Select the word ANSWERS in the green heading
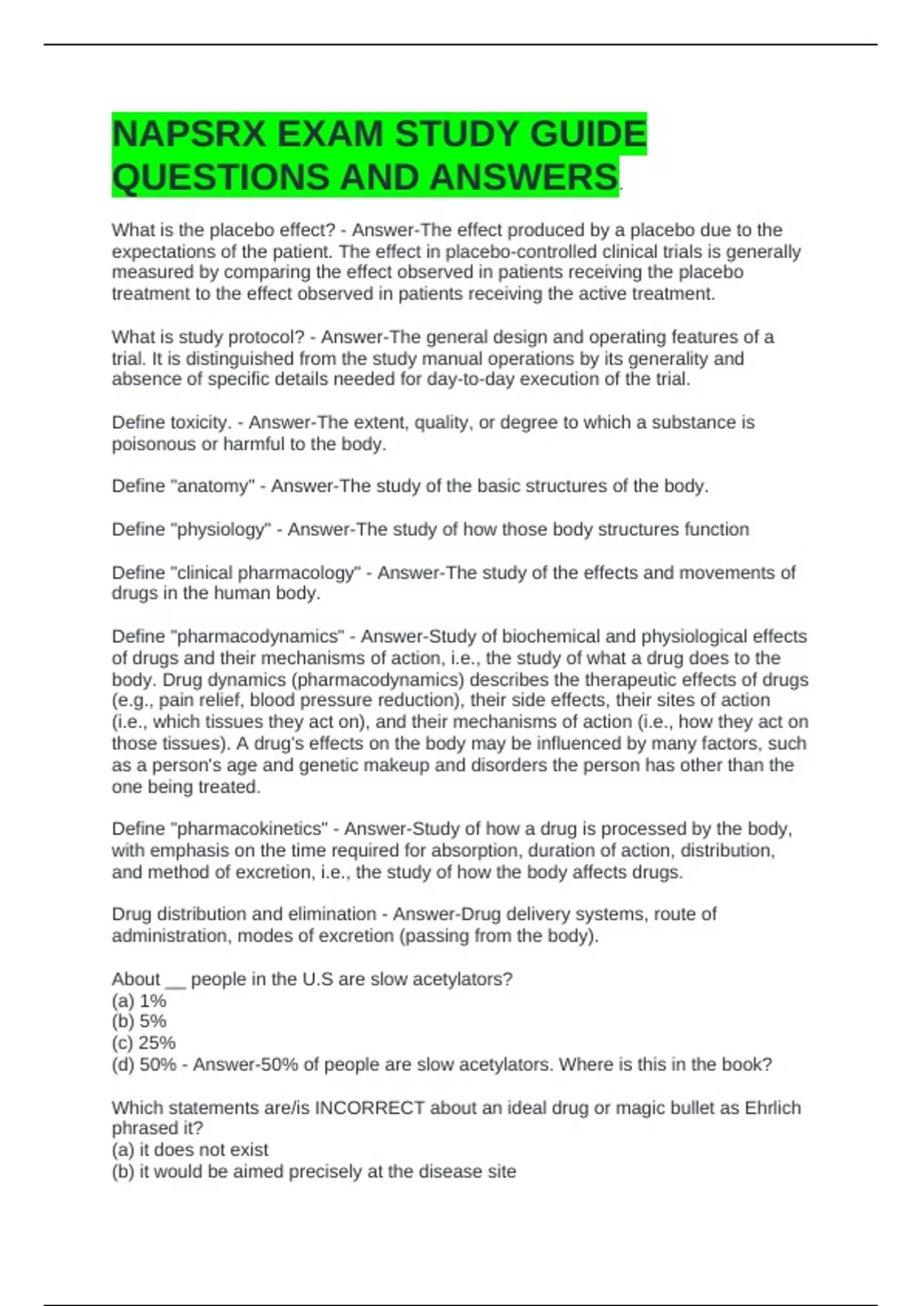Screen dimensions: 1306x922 tap(523, 177)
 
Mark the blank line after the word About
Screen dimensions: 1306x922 tap(175, 981)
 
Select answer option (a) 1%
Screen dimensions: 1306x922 tap(139, 1000)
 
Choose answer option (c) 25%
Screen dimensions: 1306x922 tap(144, 1043)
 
